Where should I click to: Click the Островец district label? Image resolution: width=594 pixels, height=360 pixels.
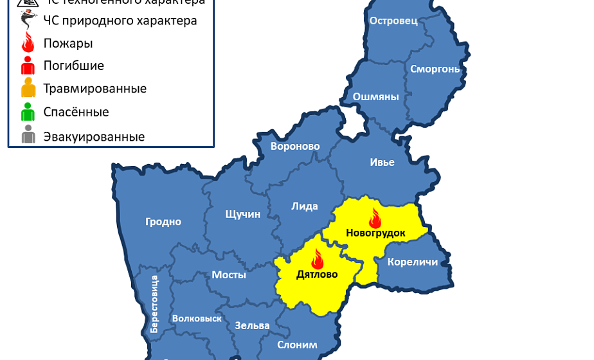click(393, 21)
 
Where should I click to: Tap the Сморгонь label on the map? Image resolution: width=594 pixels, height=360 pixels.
click(435, 68)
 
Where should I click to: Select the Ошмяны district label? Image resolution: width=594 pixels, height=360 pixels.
click(376, 97)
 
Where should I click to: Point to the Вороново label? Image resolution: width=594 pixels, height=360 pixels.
click(295, 146)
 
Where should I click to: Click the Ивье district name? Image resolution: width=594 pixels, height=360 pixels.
click(382, 162)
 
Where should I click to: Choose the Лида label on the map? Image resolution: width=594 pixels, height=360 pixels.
click(305, 206)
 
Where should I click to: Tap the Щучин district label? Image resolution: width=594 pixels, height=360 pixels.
click(243, 214)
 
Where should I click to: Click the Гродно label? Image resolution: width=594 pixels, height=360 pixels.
click(163, 222)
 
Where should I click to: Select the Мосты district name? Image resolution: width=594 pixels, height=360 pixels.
click(229, 274)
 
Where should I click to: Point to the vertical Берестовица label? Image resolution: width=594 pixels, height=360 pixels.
click(154, 304)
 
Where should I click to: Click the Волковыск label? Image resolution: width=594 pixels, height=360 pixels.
click(197, 318)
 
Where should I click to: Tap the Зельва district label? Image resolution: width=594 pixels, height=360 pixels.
click(252, 325)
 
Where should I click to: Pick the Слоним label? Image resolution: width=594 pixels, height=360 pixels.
click(297, 345)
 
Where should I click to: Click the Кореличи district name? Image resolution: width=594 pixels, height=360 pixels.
click(413, 262)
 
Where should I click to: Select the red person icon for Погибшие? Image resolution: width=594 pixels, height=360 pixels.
click(28, 65)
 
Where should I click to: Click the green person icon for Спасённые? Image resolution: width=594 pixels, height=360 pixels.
click(28, 112)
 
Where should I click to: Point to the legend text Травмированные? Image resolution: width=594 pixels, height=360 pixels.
click(94, 89)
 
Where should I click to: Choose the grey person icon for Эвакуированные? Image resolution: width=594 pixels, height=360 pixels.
click(28, 136)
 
